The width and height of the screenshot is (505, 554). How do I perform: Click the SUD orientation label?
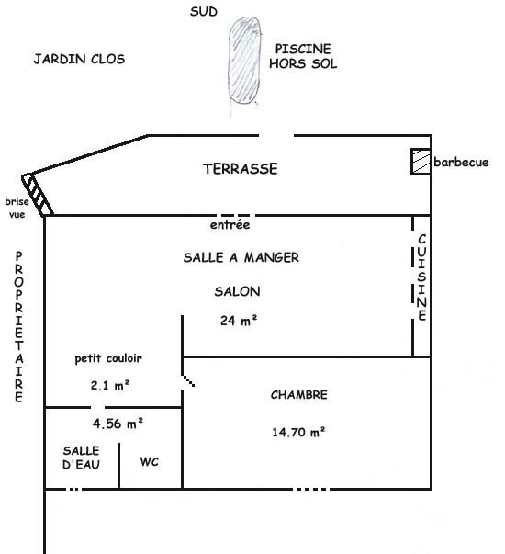pos(204,11)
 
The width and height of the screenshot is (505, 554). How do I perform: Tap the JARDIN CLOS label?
pos(79,59)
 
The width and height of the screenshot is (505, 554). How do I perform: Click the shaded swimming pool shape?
pos(244,61)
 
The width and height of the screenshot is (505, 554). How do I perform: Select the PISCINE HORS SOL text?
pos(303,56)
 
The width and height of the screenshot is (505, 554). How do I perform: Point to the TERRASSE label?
pos(241,168)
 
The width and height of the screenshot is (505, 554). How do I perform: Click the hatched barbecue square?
pos(421,162)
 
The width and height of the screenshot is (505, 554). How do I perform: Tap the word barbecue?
pos(461,163)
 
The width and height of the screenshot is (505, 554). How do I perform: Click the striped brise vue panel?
pos(38,195)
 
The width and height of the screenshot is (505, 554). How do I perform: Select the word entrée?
pos(230,225)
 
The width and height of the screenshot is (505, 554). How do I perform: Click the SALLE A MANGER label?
pos(241,257)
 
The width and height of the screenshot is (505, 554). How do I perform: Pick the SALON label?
pos(237,291)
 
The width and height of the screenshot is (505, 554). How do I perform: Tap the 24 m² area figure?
pos(239,321)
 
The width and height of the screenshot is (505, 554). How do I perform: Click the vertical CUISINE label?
pos(422,277)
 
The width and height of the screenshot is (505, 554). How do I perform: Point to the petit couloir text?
pos(108,358)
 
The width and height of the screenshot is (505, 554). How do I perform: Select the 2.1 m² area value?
pos(110,385)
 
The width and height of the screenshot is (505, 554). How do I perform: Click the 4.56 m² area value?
pos(118,424)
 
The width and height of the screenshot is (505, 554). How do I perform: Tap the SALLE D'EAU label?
pos(81,458)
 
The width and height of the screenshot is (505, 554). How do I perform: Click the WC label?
pos(150,461)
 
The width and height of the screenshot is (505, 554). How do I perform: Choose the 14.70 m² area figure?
pos(298,432)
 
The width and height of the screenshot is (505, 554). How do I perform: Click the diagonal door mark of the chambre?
pos(188,380)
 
